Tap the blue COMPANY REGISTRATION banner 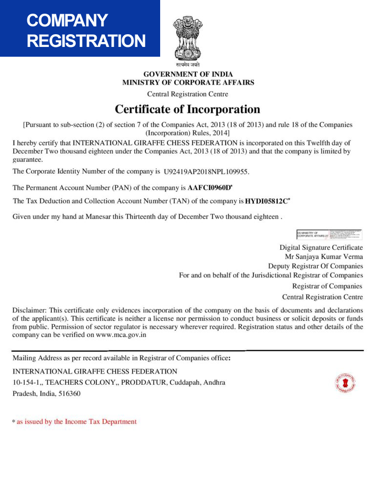click(80, 29)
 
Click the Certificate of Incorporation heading click(187, 109)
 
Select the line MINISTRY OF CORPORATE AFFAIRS click(188, 83)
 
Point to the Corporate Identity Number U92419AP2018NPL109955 click(207, 172)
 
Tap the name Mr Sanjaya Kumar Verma click(324, 256)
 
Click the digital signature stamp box click(330, 234)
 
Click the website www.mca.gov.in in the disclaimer click(121, 335)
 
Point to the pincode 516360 click(69, 393)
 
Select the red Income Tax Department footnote click(76, 421)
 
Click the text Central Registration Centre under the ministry click(187, 94)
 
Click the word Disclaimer click(28, 310)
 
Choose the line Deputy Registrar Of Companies click(312, 266)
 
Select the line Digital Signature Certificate click(321, 247)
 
